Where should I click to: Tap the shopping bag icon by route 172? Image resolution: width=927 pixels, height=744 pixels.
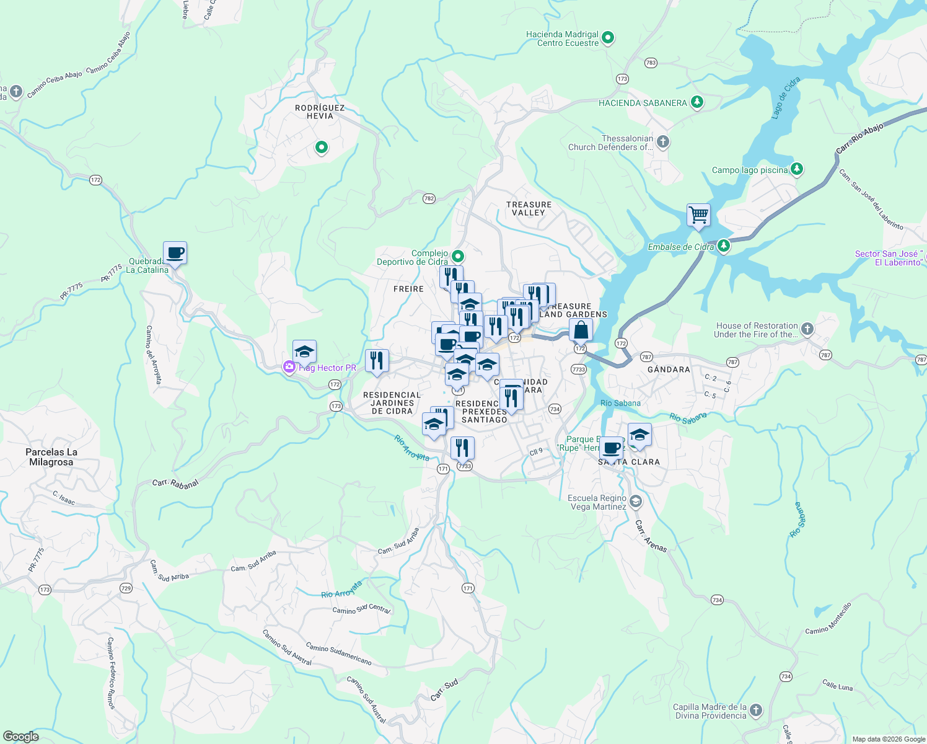click(x=581, y=330)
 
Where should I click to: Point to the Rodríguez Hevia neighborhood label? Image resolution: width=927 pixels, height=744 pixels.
click(x=320, y=112)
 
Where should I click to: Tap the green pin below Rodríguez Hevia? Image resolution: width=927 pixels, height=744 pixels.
click(x=321, y=148)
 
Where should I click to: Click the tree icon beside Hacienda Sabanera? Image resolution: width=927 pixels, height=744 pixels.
click(x=697, y=102)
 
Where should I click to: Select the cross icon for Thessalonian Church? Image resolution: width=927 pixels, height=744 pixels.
click(x=663, y=142)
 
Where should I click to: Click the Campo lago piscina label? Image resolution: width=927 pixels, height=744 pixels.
click(x=750, y=170)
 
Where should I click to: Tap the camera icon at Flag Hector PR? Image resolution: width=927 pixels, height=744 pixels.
click(x=289, y=367)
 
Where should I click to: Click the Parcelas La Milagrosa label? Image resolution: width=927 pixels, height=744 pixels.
click(x=51, y=457)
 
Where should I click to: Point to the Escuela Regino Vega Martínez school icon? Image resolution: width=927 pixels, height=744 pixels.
click(x=635, y=501)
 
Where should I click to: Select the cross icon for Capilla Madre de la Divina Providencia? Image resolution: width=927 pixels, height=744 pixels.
click(x=755, y=710)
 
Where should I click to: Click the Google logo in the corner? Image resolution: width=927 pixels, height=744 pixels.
click(x=20, y=737)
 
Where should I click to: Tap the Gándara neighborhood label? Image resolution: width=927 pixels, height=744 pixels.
click(x=668, y=370)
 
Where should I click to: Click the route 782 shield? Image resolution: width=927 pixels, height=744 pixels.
click(x=429, y=198)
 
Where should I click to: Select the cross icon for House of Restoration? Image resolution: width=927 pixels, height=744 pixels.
click(x=807, y=329)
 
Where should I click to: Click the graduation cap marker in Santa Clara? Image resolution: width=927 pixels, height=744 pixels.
click(x=639, y=435)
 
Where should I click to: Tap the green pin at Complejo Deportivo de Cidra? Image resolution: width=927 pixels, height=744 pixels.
click(x=458, y=256)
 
